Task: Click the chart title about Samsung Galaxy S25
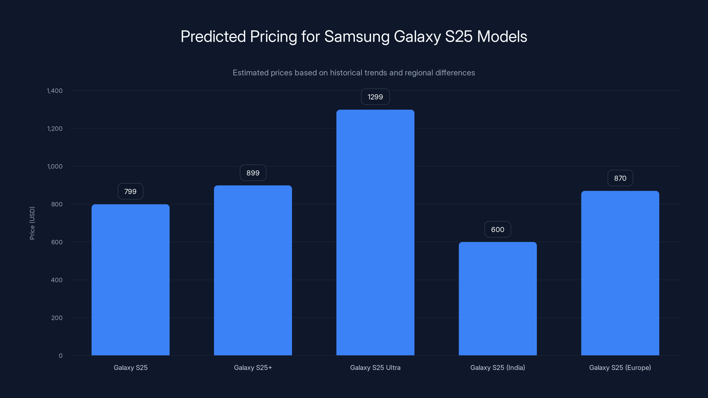click(354, 36)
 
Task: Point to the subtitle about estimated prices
click(354, 73)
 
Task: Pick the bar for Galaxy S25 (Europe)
click(620, 273)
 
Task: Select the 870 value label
click(620, 178)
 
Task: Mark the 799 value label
click(131, 191)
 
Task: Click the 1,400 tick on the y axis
click(55, 91)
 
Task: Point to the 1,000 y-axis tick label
click(55, 166)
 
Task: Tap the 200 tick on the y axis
click(57, 318)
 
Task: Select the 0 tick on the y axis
click(60, 356)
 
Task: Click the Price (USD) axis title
click(32, 223)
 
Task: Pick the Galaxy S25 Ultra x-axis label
click(375, 367)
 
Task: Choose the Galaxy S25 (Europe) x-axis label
click(620, 367)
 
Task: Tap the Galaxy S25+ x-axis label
click(253, 367)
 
